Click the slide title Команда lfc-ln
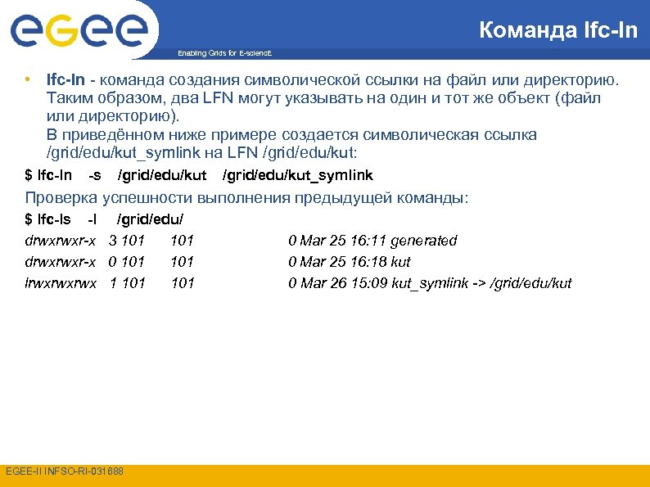(557, 31)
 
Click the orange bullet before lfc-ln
(28, 80)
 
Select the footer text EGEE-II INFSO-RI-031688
(64, 471)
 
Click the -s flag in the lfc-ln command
(95, 175)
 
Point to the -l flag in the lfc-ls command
(93, 219)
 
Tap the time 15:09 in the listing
(368, 283)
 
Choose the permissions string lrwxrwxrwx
(61, 283)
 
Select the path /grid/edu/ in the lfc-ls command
(151, 219)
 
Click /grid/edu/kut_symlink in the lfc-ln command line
(298, 175)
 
